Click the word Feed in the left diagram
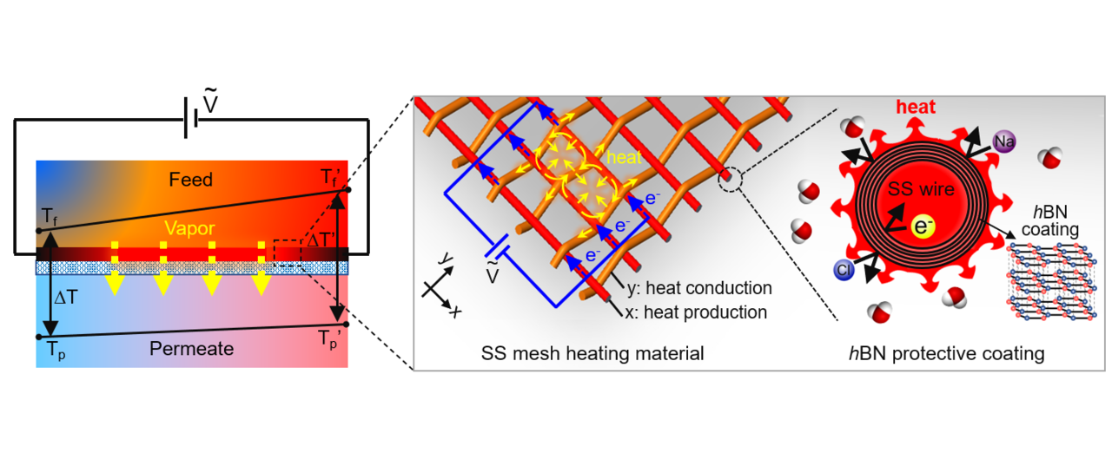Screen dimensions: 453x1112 (x=190, y=180)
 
